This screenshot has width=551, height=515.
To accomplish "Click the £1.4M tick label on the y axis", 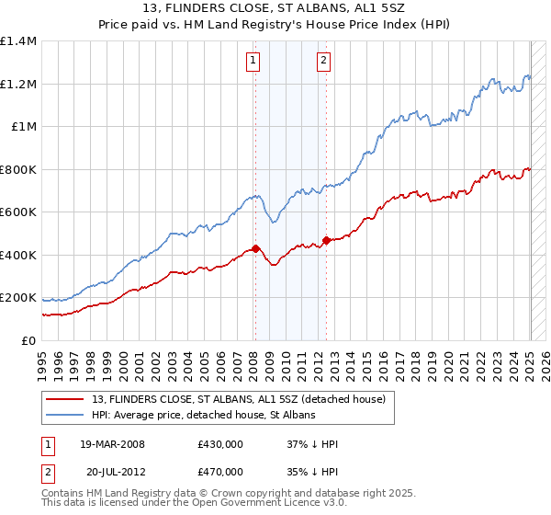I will click(18, 41).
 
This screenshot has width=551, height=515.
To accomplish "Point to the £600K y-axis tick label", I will click(18, 212).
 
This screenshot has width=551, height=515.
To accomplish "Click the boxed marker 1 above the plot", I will click(253, 62).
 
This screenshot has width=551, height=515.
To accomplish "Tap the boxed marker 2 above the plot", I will click(324, 62).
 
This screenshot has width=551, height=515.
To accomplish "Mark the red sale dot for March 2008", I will click(255, 248).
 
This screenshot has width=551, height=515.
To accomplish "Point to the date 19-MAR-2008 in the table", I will click(112, 444).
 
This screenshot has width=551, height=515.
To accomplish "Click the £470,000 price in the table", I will click(220, 471).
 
